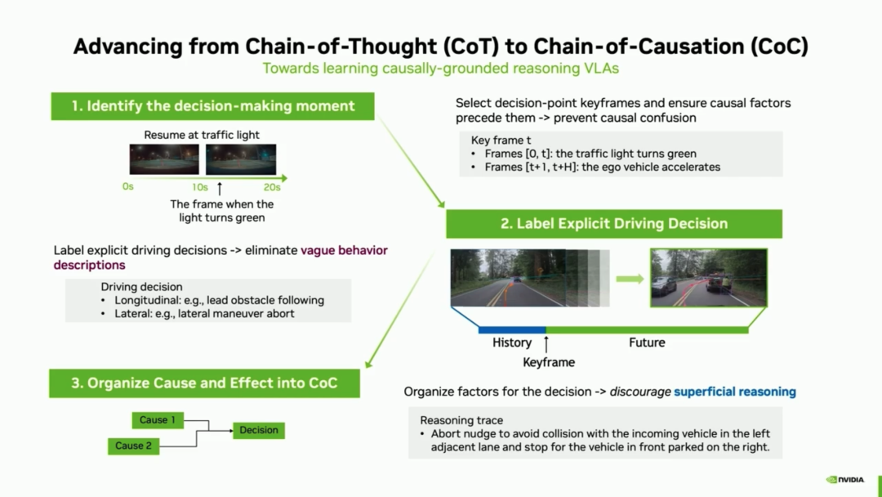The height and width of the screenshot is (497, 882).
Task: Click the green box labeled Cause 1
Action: coord(158,420)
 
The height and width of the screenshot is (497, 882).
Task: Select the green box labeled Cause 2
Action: coord(134,446)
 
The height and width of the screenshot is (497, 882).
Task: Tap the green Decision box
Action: coord(259,430)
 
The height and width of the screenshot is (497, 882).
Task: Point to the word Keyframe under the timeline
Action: coord(549,362)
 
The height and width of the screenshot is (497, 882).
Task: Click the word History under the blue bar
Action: coord(512,343)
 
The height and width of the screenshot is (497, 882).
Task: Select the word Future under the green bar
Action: coord(647,343)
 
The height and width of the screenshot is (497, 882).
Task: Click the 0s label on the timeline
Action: coord(128,187)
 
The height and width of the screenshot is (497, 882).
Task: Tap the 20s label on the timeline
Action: coord(272,187)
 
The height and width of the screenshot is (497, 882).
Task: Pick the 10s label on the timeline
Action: coord(200,187)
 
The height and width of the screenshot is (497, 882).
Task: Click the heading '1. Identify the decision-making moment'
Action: coord(212,106)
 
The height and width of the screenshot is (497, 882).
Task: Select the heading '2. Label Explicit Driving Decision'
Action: coord(614,224)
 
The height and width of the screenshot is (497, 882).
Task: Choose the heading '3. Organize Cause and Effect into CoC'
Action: coord(204,383)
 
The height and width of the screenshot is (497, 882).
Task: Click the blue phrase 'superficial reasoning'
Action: coord(735,392)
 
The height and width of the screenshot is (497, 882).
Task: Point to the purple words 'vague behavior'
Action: coord(344,250)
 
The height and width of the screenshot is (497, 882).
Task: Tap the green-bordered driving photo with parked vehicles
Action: coord(709,278)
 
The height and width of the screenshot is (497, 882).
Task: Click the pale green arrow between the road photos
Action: coord(630,279)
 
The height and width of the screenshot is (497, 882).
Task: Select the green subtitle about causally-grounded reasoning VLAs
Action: coord(441,68)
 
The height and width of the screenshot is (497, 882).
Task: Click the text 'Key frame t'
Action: coord(498,140)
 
